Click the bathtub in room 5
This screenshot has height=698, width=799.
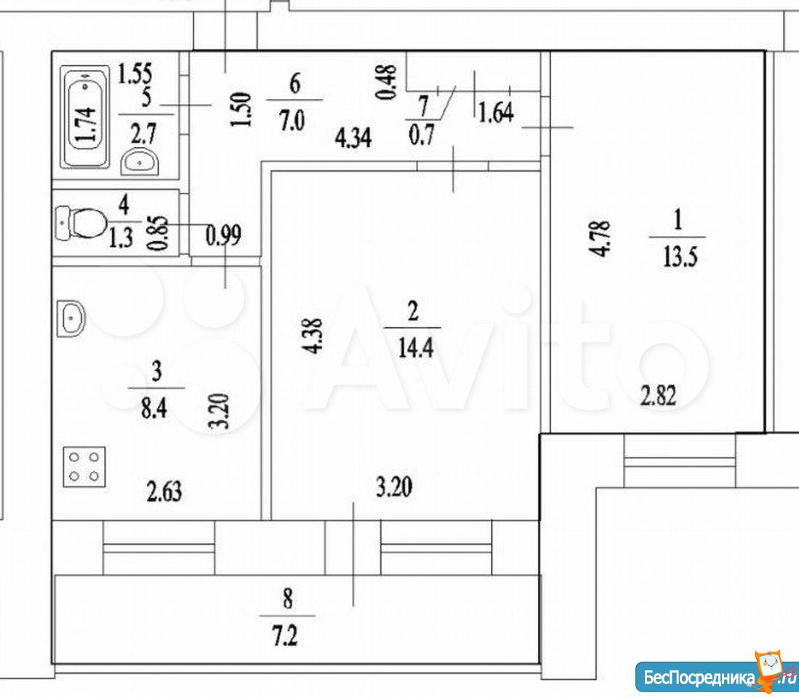coord(85,116)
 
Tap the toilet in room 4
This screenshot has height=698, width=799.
coord(80,222)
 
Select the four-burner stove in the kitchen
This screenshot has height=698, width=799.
coord(84,466)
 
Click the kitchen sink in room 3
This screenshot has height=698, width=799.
coord(71,318)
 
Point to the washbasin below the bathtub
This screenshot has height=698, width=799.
coord(140,161)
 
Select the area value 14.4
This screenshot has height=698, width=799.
coord(415,349)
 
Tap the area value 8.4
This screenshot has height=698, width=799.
coord(154,408)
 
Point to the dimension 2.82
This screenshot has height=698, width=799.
coord(659,396)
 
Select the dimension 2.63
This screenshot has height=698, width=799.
coord(164,492)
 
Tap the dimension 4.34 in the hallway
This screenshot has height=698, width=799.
coord(353,138)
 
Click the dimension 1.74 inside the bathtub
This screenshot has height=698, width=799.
coord(85,124)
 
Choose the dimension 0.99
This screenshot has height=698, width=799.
coord(223,236)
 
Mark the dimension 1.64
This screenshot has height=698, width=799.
coord(496,112)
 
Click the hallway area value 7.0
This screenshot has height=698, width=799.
coord(292,121)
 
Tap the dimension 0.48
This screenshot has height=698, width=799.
coord(385,81)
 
